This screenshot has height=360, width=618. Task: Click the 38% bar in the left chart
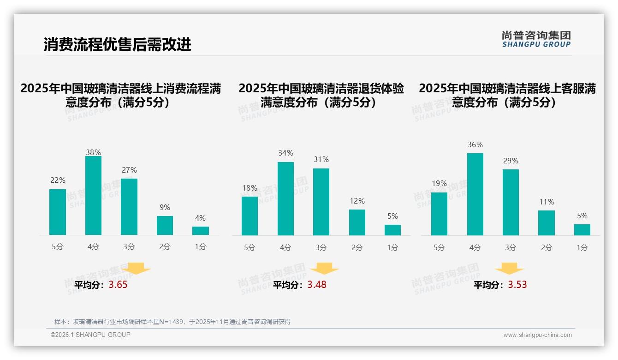[93, 196]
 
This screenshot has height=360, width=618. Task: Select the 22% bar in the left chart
[58, 212]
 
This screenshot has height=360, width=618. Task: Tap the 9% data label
[165, 208]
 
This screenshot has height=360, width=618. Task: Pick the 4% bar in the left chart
[201, 230]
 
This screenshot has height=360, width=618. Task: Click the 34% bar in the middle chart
[285, 198]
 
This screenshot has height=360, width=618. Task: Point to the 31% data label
[321, 160]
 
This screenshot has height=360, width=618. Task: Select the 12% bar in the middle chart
[357, 222]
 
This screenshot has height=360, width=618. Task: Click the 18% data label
[250, 188]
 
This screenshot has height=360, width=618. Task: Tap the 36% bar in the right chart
[475, 194]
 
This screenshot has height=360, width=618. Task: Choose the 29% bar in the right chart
[511, 202]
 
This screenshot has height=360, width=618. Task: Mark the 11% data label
[547, 202]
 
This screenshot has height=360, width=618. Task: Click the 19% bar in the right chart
[439, 214]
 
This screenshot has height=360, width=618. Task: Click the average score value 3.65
[118, 285]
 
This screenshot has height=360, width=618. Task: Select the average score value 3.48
[317, 285]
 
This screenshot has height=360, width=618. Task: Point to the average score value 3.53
[517, 285]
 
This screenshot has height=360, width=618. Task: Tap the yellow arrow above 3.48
[324, 269]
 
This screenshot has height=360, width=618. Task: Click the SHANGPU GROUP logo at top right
[536, 39]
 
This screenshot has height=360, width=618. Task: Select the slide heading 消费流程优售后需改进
[118, 44]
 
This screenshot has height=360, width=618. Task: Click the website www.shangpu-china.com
[537, 335]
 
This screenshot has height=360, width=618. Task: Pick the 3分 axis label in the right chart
[511, 248]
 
